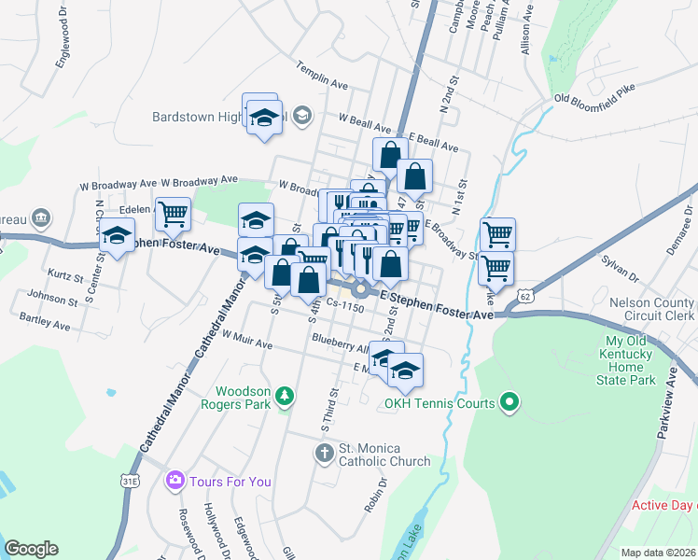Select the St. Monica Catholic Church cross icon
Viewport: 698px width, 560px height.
[x=324, y=454]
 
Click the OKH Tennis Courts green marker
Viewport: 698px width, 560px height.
[x=509, y=403]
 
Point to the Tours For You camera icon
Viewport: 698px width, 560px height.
[x=174, y=481]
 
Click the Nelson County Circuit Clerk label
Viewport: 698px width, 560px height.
[x=651, y=309]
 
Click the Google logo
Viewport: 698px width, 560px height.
[x=32, y=548]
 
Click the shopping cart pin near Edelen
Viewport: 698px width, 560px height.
[x=173, y=215]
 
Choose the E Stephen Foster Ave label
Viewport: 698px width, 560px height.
[x=436, y=306]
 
